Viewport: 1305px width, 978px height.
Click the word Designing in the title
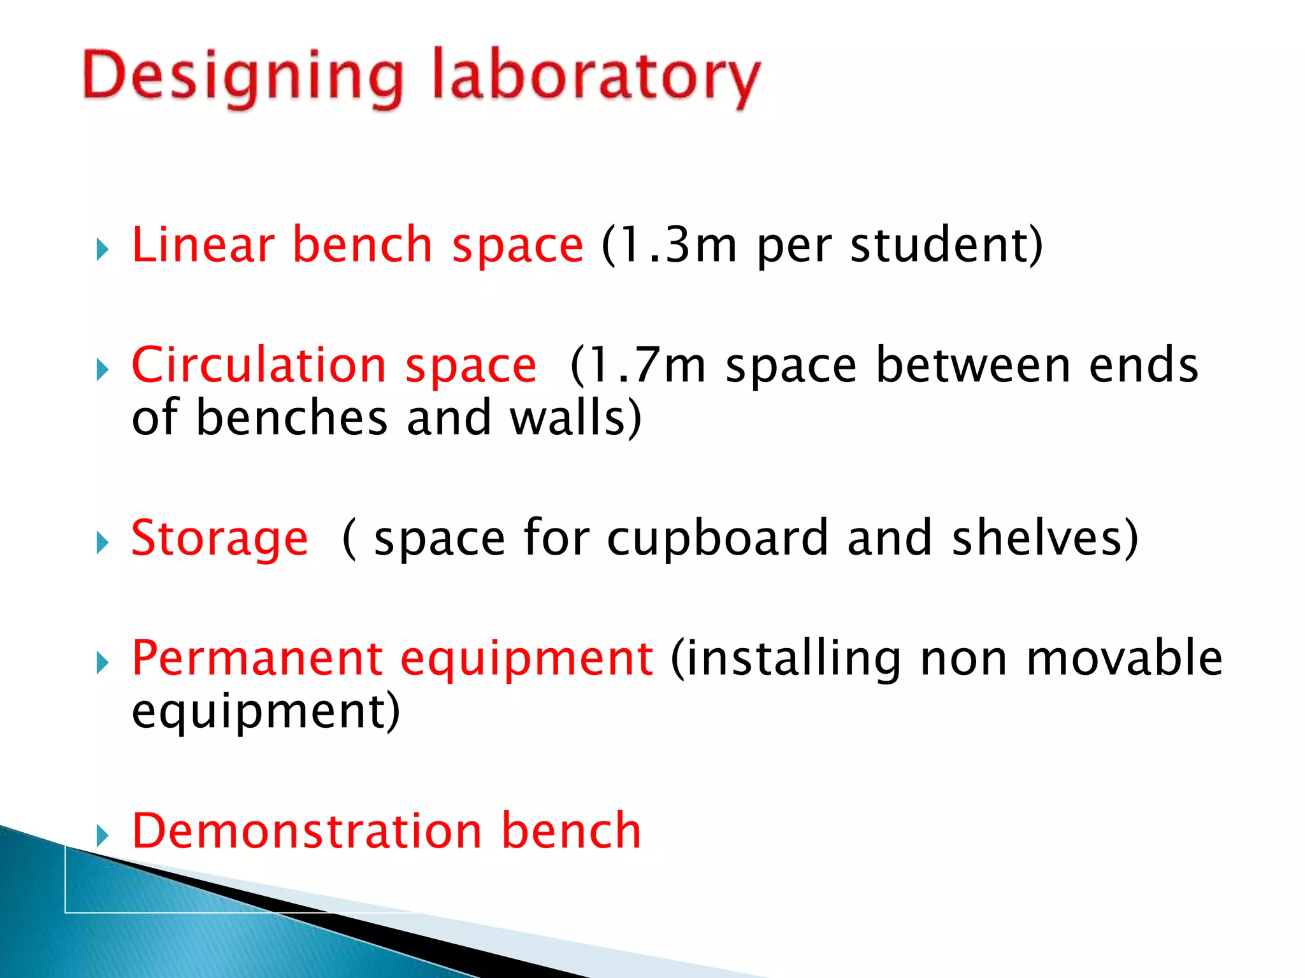[x=242, y=76]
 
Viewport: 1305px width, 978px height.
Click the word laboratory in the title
[x=596, y=76]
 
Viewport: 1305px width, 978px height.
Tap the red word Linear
[x=203, y=244]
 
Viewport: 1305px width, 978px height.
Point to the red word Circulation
[x=259, y=365]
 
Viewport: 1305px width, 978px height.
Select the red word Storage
[x=219, y=539]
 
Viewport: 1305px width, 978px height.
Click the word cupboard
[x=717, y=539]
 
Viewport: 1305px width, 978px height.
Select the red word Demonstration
[x=306, y=832]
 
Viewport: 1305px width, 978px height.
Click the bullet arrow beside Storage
[x=102, y=543]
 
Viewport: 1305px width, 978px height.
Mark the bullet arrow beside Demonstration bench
[x=102, y=835]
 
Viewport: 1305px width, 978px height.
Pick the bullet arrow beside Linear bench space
[x=102, y=250]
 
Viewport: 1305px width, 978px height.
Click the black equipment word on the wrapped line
[x=258, y=712]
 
